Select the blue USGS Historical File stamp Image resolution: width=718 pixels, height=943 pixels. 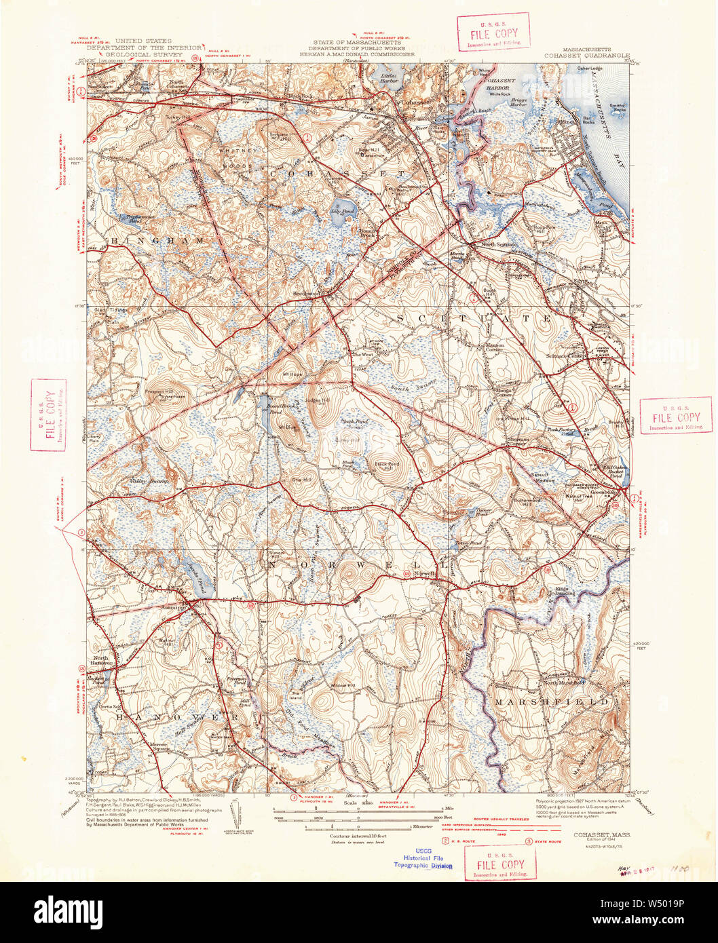(x=422, y=856)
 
